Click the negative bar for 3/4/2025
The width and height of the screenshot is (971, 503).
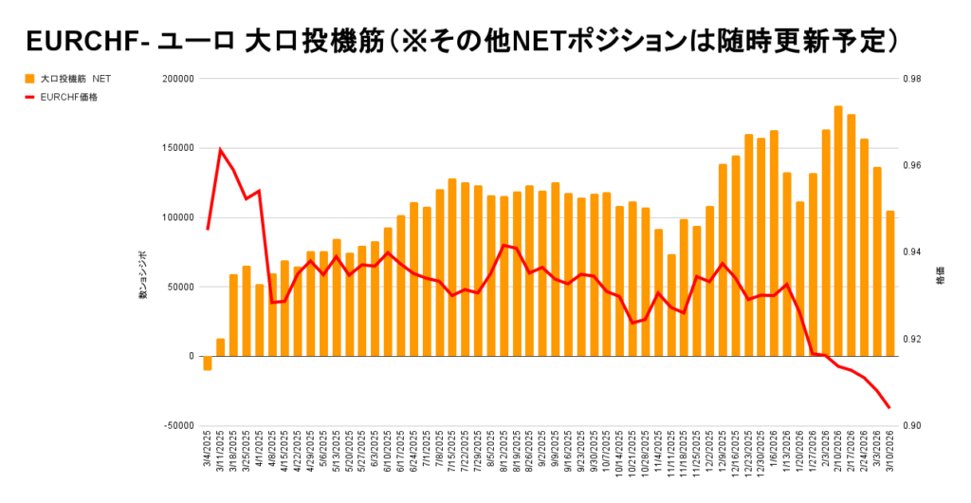click(x=208, y=363)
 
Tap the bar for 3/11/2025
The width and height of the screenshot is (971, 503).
click(x=221, y=347)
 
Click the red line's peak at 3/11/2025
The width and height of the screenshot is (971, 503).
click(x=221, y=150)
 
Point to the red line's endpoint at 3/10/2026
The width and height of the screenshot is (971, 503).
click(x=889, y=408)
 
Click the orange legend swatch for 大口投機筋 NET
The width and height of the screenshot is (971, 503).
click(x=30, y=79)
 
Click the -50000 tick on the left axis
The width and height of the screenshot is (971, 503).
click(x=174, y=425)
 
